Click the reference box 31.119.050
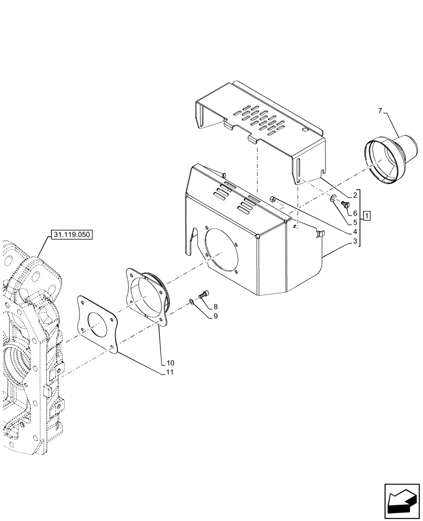click(71, 235)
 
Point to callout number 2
click(355, 195)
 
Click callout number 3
click(355, 241)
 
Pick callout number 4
click(355, 232)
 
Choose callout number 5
click(355, 222)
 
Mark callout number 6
click(355, 213)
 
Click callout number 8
click(215, 307)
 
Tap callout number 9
click(215, 316)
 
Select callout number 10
click(170, 363)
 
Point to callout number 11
click(170, 372)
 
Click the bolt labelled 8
click(204, 295)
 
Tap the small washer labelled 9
click(193, 301)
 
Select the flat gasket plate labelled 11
click(98, 325)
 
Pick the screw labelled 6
click(344, 206)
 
